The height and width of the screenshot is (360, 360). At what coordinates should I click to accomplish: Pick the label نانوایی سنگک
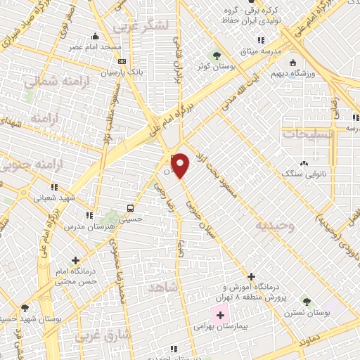click(x=304, y=172)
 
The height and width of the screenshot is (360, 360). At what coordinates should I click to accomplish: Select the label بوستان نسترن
click(x=309, y=311)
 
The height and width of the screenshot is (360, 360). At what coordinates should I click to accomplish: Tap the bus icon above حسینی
click(x=129, y=208)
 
